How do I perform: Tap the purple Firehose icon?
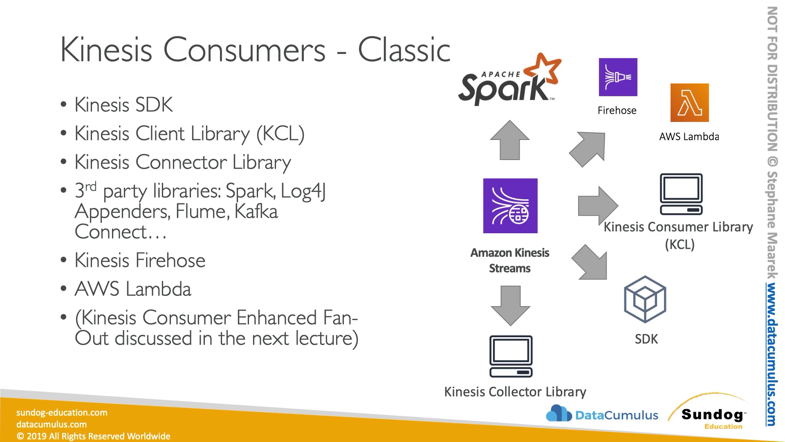click(x=618, y=77)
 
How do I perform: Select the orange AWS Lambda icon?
click(x=689, y=103)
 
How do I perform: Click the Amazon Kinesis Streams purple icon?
click(x=510, y=206)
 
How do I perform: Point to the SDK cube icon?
click(x=645, y=299)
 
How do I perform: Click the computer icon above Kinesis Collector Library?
click(x=511, y=356)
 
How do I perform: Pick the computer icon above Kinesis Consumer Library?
click(x=681, y=194)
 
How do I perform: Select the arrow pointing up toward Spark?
click(x=510, y=140)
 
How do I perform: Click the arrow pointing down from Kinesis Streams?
click(x=510, y=306)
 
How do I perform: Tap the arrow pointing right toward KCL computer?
click(x=598, y=205)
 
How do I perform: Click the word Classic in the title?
click(x=404, y=50)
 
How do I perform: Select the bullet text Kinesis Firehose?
click(x=140, y=260)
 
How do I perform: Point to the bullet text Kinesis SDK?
click(x=123, y=105)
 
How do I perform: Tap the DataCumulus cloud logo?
click(x=558, y=413)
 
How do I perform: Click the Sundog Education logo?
click(x=709, y=413)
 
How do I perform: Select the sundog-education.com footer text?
click(x=62, y=413)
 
